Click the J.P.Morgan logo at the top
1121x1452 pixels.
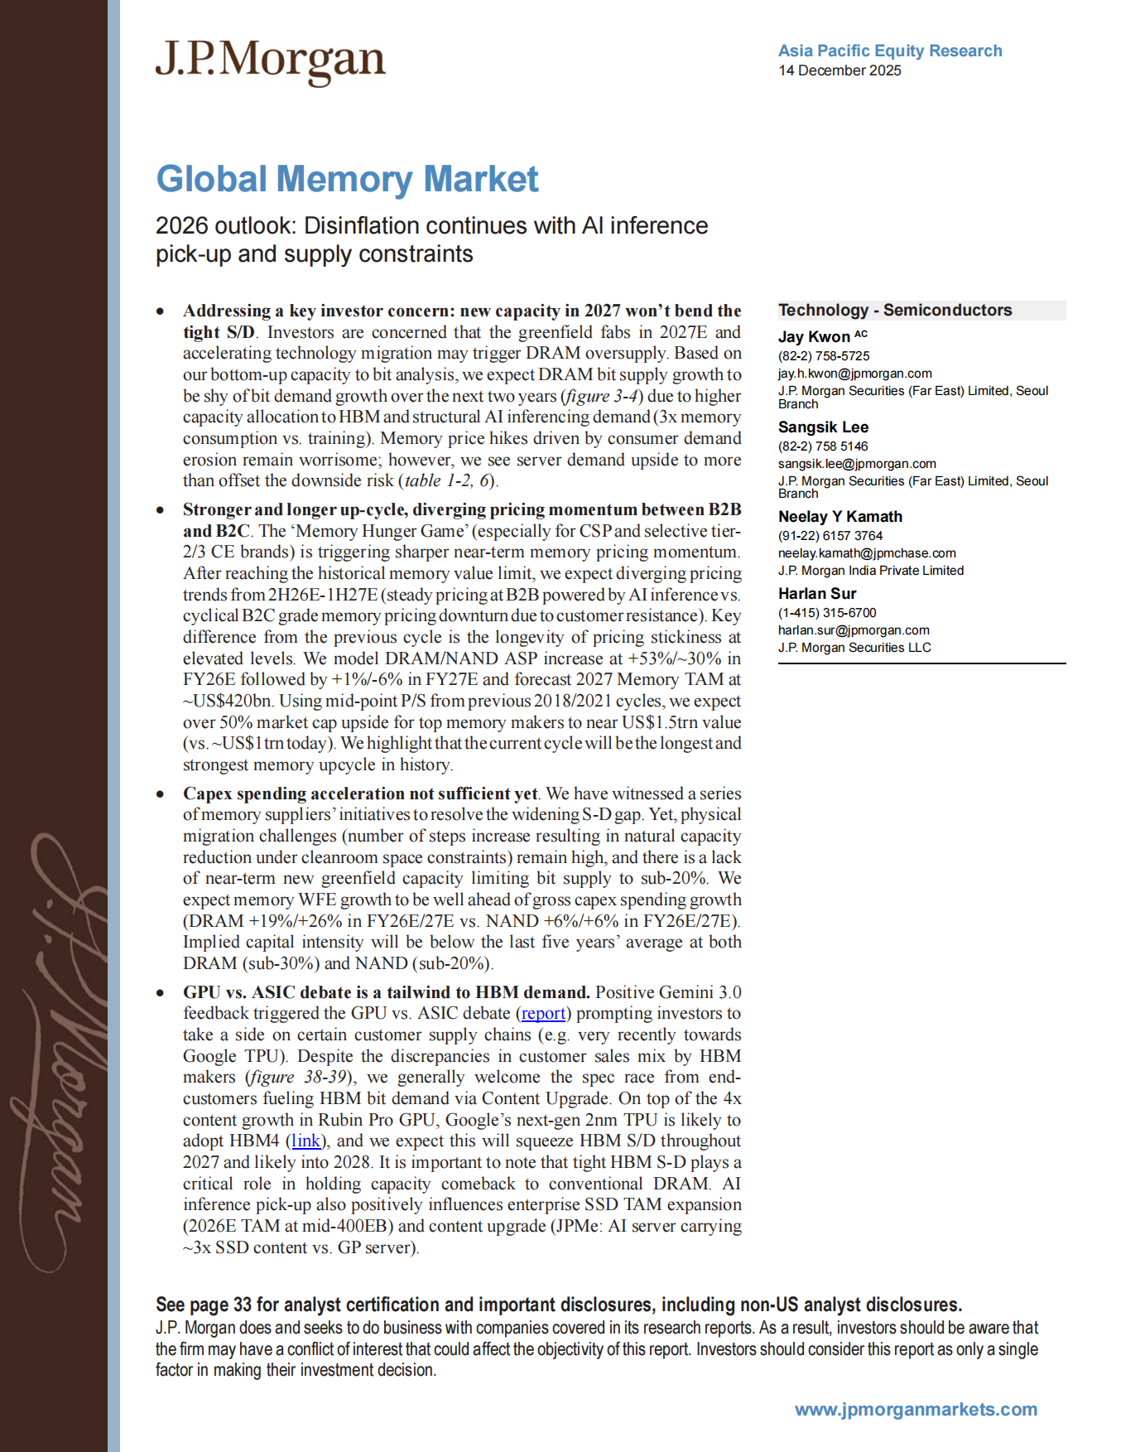(x=270, y=61)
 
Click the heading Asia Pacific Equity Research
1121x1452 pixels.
(x=889, y=51)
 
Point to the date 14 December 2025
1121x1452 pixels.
(x=839, y=70)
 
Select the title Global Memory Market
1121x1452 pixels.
(x=347, y=179)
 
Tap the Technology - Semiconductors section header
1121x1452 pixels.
(x=894, y=310)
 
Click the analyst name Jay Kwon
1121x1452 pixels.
(x=814, y=336)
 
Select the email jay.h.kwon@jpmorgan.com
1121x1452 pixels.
(x=854, y=374)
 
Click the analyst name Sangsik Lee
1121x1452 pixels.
(x=823, y=427)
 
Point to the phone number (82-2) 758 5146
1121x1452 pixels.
(x=822, y=446)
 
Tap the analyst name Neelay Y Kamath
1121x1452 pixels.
(x=840, y=516)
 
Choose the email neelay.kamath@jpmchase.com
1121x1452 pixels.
(x=866, y=553)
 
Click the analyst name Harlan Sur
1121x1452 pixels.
(x=816, y=593)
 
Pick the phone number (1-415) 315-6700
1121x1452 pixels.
(x=826, y=613)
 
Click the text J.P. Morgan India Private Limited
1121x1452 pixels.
(x=870, y=571)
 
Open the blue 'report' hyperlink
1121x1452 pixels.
(x=543, y=1013)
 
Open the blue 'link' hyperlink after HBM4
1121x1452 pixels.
(x=306, y=1141)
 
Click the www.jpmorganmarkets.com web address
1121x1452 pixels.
(x=915, y=1409)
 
